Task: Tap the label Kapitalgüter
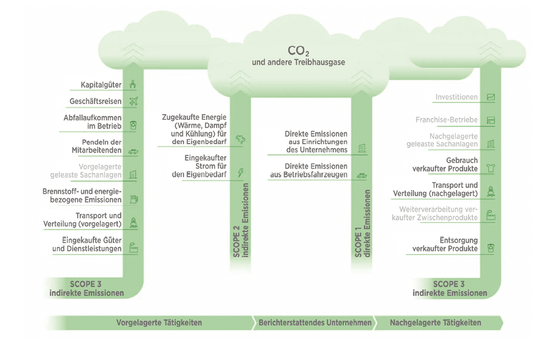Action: (x=100, y=85)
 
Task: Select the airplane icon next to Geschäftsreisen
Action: (x=133, y=102)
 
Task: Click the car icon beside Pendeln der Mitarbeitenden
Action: (x=133, y=151)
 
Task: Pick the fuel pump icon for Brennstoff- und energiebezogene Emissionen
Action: (x=133, y=199)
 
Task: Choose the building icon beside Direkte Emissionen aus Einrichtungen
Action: (x=361, y=147)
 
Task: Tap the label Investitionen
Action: (x=457, y=97)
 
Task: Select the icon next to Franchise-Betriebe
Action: (x=491, y=120)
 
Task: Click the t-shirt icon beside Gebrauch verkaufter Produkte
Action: (x=491, y=167)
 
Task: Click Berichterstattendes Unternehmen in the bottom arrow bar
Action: (x=314, y=323)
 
